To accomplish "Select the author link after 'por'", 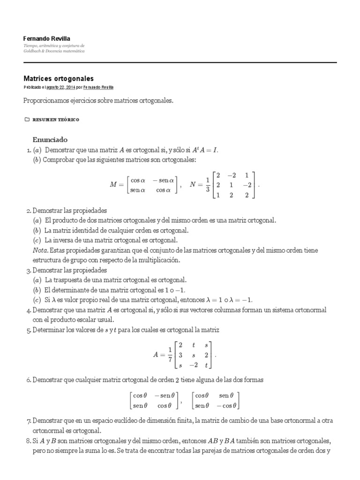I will (98, 88).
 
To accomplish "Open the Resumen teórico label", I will (56, 120).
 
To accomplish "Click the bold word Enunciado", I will (50, 139).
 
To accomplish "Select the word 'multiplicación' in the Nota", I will (157, 260).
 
